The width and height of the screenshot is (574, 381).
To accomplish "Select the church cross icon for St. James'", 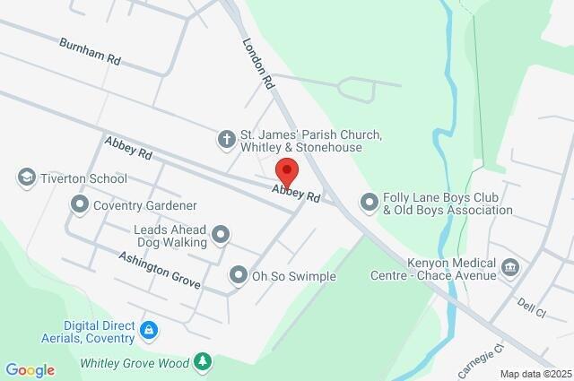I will pyautogui.click(x=226, y=138).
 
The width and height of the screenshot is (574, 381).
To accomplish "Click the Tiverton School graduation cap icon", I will pyautogui.click(x=26, y=177).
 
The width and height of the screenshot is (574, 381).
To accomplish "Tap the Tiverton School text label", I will pyautogui.click(x=84, y=178).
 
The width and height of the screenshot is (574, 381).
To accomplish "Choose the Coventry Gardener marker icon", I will pyautogui.click(x=80, y=205).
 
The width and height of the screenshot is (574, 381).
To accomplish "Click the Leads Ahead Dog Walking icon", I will pyautogui.click(x=219, y=236).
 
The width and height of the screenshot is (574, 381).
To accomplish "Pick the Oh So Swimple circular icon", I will pyautogui.click(x=238, y=275).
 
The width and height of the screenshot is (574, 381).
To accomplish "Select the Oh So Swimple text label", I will pyautogui.click(x=293, y=276).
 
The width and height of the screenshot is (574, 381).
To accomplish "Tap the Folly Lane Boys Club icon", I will pyautogui.click(x=369, y=203).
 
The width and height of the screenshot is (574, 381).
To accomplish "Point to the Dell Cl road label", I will pyautogui.click(x=531, y=307).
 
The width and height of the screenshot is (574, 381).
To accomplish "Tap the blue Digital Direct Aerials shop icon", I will pyautogui.click(x=150, y=332).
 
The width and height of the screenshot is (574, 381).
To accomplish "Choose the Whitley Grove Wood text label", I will pyautogui.click(x=135, y=363).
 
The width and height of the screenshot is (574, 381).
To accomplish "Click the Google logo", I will pyautogui.click(x=29, y=370).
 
